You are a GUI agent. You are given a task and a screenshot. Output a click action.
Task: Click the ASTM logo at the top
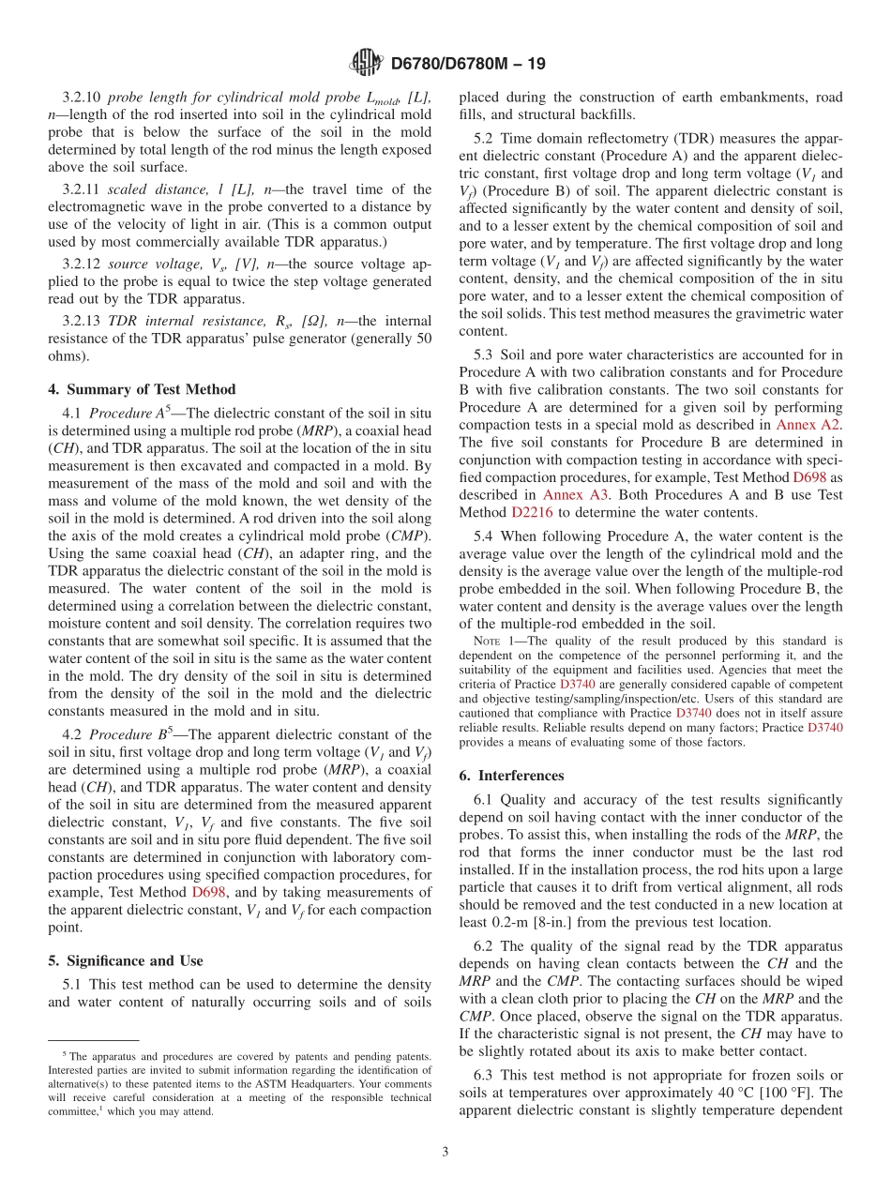[366, 64]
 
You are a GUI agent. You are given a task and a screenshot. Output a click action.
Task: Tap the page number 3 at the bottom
[445, 1152]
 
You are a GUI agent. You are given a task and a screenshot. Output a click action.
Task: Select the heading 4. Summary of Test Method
[142, 389]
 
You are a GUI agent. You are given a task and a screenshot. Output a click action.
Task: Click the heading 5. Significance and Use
[125, 960]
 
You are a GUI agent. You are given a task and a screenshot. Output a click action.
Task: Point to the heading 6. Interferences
[511, 776]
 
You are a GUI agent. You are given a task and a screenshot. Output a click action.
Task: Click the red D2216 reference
[531, 512]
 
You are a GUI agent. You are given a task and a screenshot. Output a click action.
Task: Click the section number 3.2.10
[83, 98]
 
